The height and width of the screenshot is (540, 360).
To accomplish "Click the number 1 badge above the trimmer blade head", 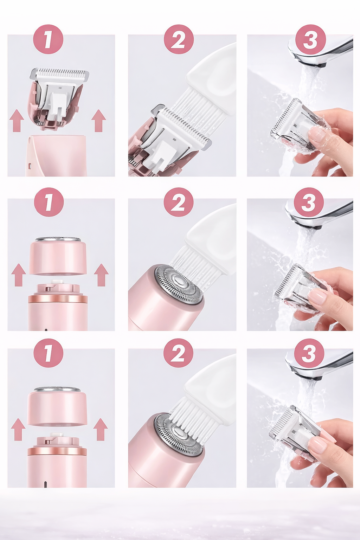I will pyautogui.click(x=48, y=39).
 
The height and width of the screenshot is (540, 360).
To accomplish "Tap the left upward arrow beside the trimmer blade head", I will pyautogui.click(x=17, y=121).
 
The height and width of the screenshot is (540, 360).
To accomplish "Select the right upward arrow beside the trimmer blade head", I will pyautogui.click(x=99, y=121).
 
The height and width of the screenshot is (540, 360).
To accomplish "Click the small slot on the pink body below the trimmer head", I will pyautogui.click(x=30, y=165).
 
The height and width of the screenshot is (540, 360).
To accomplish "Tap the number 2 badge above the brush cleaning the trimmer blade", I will pyautogui.click(x=179, y=39).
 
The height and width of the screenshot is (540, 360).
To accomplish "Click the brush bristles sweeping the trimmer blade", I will pyautogui.click(x=197, y=109).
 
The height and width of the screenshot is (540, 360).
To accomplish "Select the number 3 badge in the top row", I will pyautogui.click(x=310, y=39).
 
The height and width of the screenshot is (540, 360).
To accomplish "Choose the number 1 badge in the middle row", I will pyautogui.click(x=49, y=202).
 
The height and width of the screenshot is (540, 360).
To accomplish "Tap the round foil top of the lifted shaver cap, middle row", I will pyautogui.click(x=58, y=239).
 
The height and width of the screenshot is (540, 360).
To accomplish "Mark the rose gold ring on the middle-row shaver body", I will pyautogui.click(x=58, y=299).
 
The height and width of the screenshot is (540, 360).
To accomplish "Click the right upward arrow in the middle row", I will pyautogui.click(x=101, y=275).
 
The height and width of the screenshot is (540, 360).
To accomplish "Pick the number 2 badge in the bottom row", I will pyautogui.click(x=178, y=353).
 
